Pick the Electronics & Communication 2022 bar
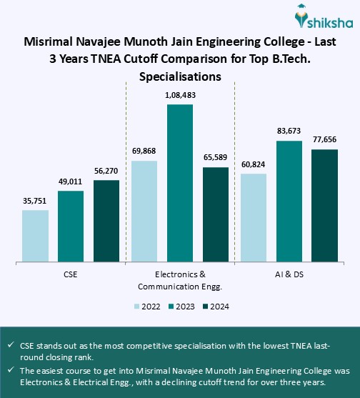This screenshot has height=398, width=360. point(144,212)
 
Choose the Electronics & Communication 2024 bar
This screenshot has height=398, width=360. point(216,214)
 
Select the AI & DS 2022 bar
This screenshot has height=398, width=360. point(254,218)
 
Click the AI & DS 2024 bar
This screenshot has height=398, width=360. point(325,206)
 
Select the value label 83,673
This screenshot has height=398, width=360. point(289,132)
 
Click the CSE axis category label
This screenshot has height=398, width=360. point(71,274)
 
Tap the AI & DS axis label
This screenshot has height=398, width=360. point(289,274)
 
